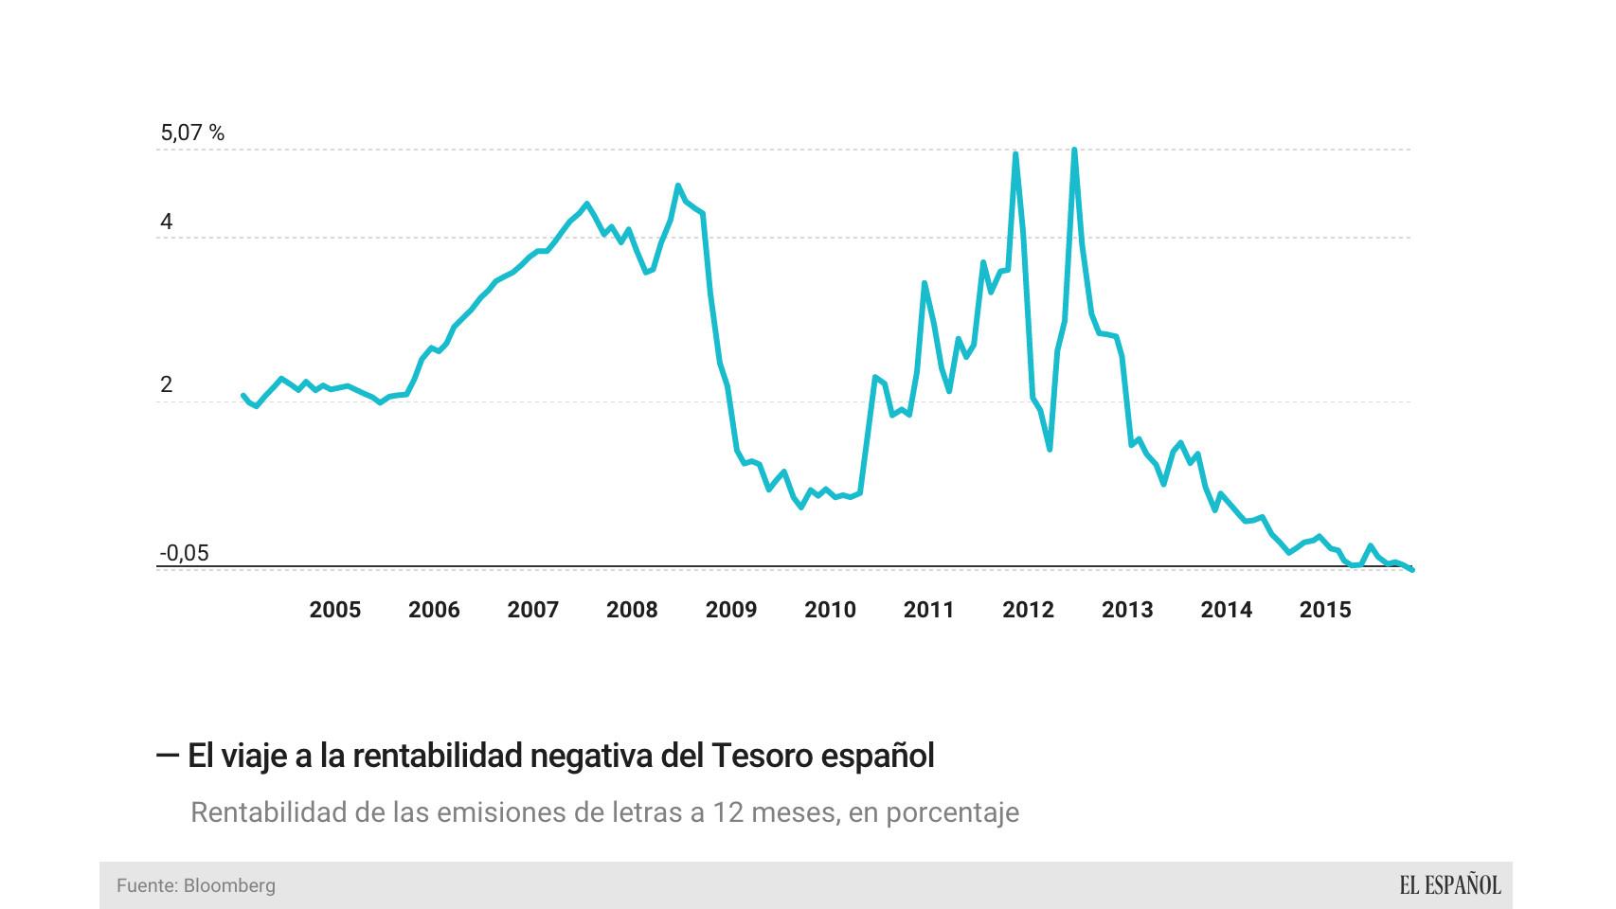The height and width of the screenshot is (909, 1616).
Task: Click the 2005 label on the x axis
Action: click(334, 610)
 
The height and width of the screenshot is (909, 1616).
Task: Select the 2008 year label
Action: click(632, 610)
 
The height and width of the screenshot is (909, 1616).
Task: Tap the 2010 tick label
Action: click(830, 610)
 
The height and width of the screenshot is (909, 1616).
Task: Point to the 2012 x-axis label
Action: click(1028, 610)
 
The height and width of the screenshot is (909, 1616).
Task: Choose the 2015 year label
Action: click(1324, 610)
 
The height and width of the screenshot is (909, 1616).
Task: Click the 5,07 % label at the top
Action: click(192, 133)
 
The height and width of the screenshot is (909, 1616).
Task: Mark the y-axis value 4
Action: click(167, 222)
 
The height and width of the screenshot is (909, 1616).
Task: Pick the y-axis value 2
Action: click(167, 384)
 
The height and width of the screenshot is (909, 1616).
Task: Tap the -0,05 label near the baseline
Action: click(184, 553)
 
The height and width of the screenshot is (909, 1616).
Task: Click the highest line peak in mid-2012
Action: click(1073, 150)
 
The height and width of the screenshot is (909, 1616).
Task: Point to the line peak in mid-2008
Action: click(678, 186)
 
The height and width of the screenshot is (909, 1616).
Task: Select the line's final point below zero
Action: click(1411, 569)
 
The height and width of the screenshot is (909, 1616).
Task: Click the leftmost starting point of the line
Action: click(243, 396)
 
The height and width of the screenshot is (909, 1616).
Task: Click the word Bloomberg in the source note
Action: click(229, 885)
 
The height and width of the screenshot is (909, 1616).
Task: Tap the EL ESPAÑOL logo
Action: click(1449, 885)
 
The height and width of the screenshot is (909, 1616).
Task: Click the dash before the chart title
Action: click(168, 756)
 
